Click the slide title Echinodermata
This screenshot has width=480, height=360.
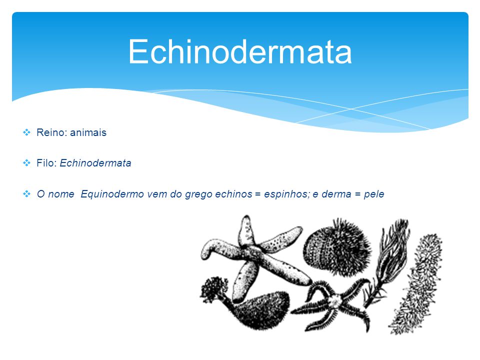click(240, 51)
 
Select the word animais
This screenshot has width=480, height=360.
click(88, 132)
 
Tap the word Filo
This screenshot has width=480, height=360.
click(45, 163)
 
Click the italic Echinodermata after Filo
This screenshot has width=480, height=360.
click(95, 163)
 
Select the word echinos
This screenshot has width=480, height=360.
click(234, 194)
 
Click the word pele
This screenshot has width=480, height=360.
click(374, 194)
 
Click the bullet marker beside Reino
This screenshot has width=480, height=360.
click(26, 132)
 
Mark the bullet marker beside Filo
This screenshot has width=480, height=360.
click(26, 163)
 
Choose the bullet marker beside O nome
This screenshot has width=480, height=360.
click(26, 194)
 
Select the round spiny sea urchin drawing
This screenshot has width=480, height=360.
click(336, 248)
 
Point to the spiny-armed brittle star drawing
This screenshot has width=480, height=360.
click(333, 303)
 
